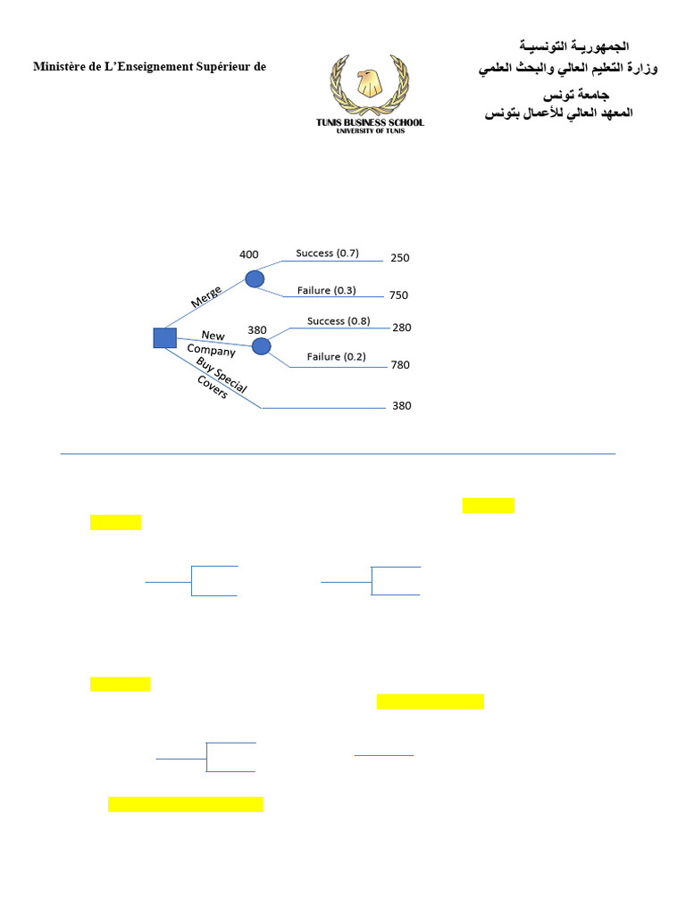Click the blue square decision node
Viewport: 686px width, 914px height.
pyautogui.click(x=164, y=337)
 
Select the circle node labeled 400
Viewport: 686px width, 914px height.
pyautogui.click(x=255, y=278)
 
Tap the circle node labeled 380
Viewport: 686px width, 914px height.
pyautogui.click(x=261, y=345)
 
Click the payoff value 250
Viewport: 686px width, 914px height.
pyautogui.click(x=399, y=258)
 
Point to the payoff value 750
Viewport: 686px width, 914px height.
pyautogui.click(x=399, y=295)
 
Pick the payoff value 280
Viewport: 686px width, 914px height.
pyautogui.click(x=402, y=328)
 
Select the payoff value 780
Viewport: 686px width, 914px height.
pyautogui.click(x=400, y=364)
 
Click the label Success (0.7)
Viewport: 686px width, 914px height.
pyautogui.click(x=327, y=253)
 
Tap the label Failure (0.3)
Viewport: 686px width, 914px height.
pyautogui.click(x=326, y=289)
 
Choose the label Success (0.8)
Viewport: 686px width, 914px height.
pyautogui.click(x=338, y=320)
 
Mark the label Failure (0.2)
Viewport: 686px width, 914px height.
pyautogui.click(x=336, y=357)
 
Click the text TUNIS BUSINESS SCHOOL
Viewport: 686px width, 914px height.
pyautogui.click(x=370, y=122)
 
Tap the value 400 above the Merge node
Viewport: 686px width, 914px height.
pyautogui.click(x=249, y=254)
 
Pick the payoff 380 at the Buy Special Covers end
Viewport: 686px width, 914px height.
pyautogui.click(x=402, y=405)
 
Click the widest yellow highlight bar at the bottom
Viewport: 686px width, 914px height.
pyautogui.click(x=186, y=804)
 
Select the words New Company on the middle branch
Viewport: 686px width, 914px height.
pyautogui.click(x=212, y=343)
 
